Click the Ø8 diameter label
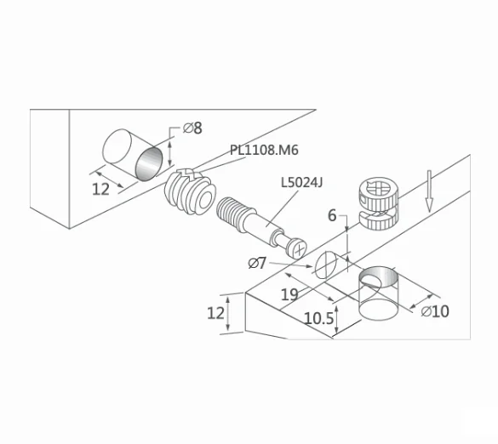(192, 128)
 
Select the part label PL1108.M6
(264, 151)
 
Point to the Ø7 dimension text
(258, 263)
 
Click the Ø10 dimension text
(434, 311)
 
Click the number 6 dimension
(333, 216)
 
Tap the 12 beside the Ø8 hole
(100, 189)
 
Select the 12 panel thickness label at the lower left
(215, 313)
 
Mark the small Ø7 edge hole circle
(327, 265)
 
